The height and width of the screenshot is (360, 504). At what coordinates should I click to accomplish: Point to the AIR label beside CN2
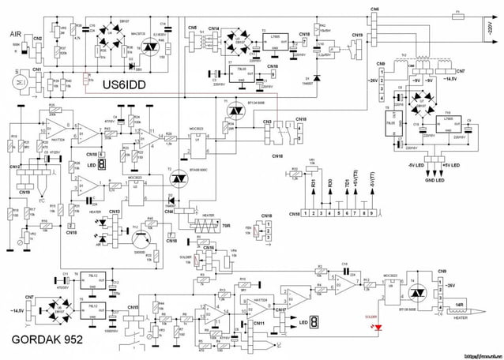click(x=15, y=35)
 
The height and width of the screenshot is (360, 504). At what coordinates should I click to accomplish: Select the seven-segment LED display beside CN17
click(x=314, y=322)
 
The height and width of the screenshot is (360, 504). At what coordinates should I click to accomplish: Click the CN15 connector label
click(x=133, y=307)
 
